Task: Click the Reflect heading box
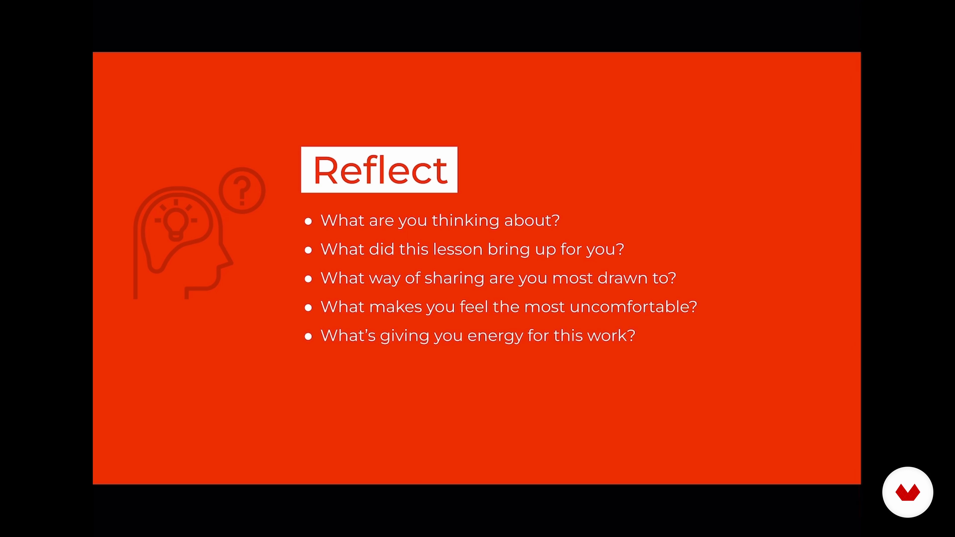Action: [379, 170]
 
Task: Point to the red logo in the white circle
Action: [907, 492]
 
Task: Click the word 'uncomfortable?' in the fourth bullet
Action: [633, 307]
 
